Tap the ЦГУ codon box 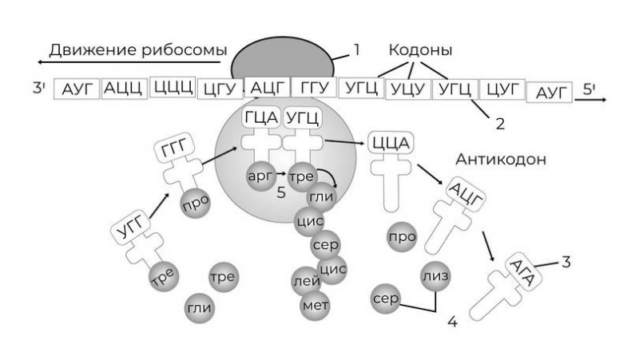pyautogui.click(x=219, y=89)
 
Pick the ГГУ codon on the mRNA pyautogui.click(x=314, y=88)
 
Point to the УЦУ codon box pyautogui.click(x=408, y=89)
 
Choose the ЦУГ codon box pyautogui.click(x=502, y=89)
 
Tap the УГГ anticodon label pyautogui.click(x=129, y=232)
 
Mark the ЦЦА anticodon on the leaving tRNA pyautogui.click(x=391, y=144)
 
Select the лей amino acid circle pyautogui.click(x=307, y=280)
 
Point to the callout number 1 pyautogui.click(x=356, y=49)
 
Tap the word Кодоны pyautogui.click(x=420, y=50)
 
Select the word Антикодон pyautogui.click(x=501, y=159)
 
